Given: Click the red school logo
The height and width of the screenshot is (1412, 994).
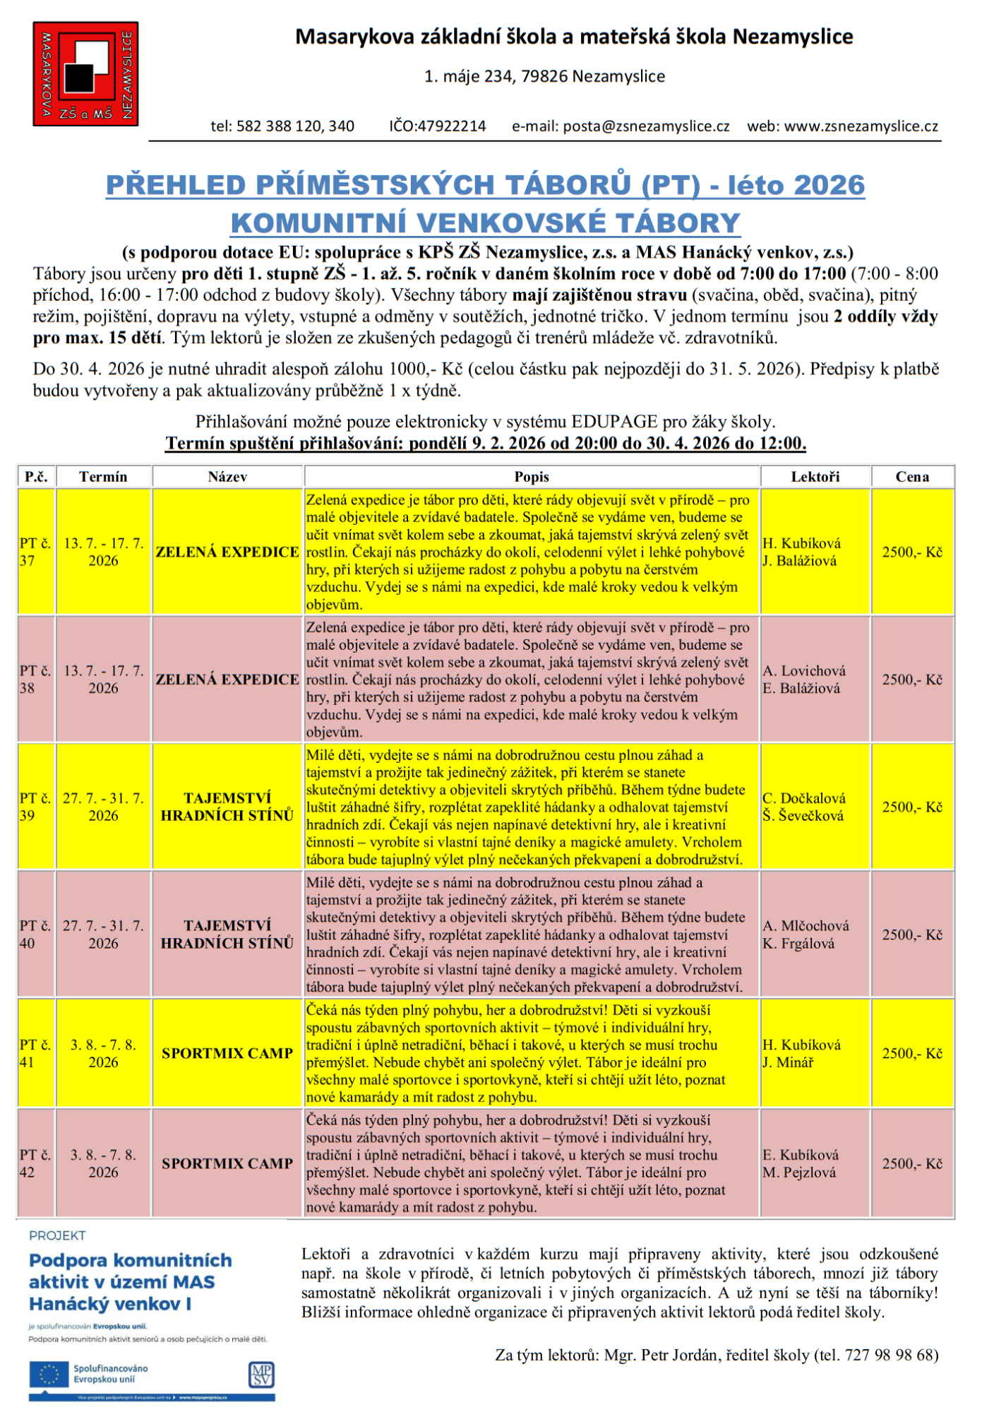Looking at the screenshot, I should point(85,74).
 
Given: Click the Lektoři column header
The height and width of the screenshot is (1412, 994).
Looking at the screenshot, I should point(815,477).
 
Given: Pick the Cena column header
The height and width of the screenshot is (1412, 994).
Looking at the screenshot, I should point(912,477).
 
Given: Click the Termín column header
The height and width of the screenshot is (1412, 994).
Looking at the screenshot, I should point(103,477).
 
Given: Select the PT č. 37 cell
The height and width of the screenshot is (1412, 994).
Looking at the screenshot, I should point(35,552).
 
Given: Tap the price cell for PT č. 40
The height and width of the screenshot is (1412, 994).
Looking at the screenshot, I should point(912,935).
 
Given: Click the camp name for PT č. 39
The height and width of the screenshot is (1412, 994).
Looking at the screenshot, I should point(227,807).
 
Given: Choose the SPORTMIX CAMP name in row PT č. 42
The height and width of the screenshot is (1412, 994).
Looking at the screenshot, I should point(227,1163).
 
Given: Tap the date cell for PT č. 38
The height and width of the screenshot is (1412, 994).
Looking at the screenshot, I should point(103,680).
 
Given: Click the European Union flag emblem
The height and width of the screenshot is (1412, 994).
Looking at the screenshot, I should point(50,1375).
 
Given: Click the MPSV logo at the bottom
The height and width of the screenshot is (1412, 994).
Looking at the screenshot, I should point(261,1375).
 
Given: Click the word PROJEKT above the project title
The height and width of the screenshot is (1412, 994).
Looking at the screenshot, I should point(57,1235).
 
